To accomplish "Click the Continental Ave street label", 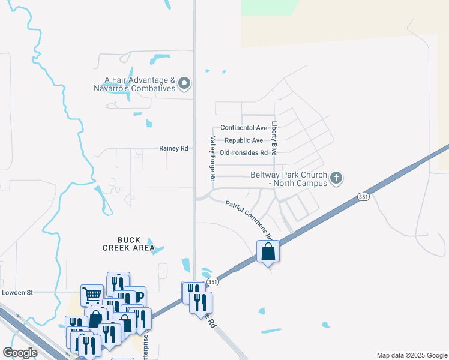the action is tap(243, 128).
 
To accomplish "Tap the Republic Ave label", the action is tap(243, 140).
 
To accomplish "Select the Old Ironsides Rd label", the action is tap(243, 153).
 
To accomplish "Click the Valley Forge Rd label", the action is tap(212, 158).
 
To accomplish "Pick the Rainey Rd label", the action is tap(173, 148).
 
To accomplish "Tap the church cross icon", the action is tap(336, 178).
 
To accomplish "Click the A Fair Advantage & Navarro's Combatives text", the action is tap(140, 84).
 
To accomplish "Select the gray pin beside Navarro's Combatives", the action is tap(184, 84).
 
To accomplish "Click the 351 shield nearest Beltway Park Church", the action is tap(363, 197).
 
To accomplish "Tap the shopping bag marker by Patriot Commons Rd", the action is tap(268, 251).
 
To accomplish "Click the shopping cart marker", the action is tap(91, 295).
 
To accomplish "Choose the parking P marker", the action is tap(139, 296).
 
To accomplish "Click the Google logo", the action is tap(20, 353).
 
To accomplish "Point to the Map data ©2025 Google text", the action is tap(411, 355).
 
